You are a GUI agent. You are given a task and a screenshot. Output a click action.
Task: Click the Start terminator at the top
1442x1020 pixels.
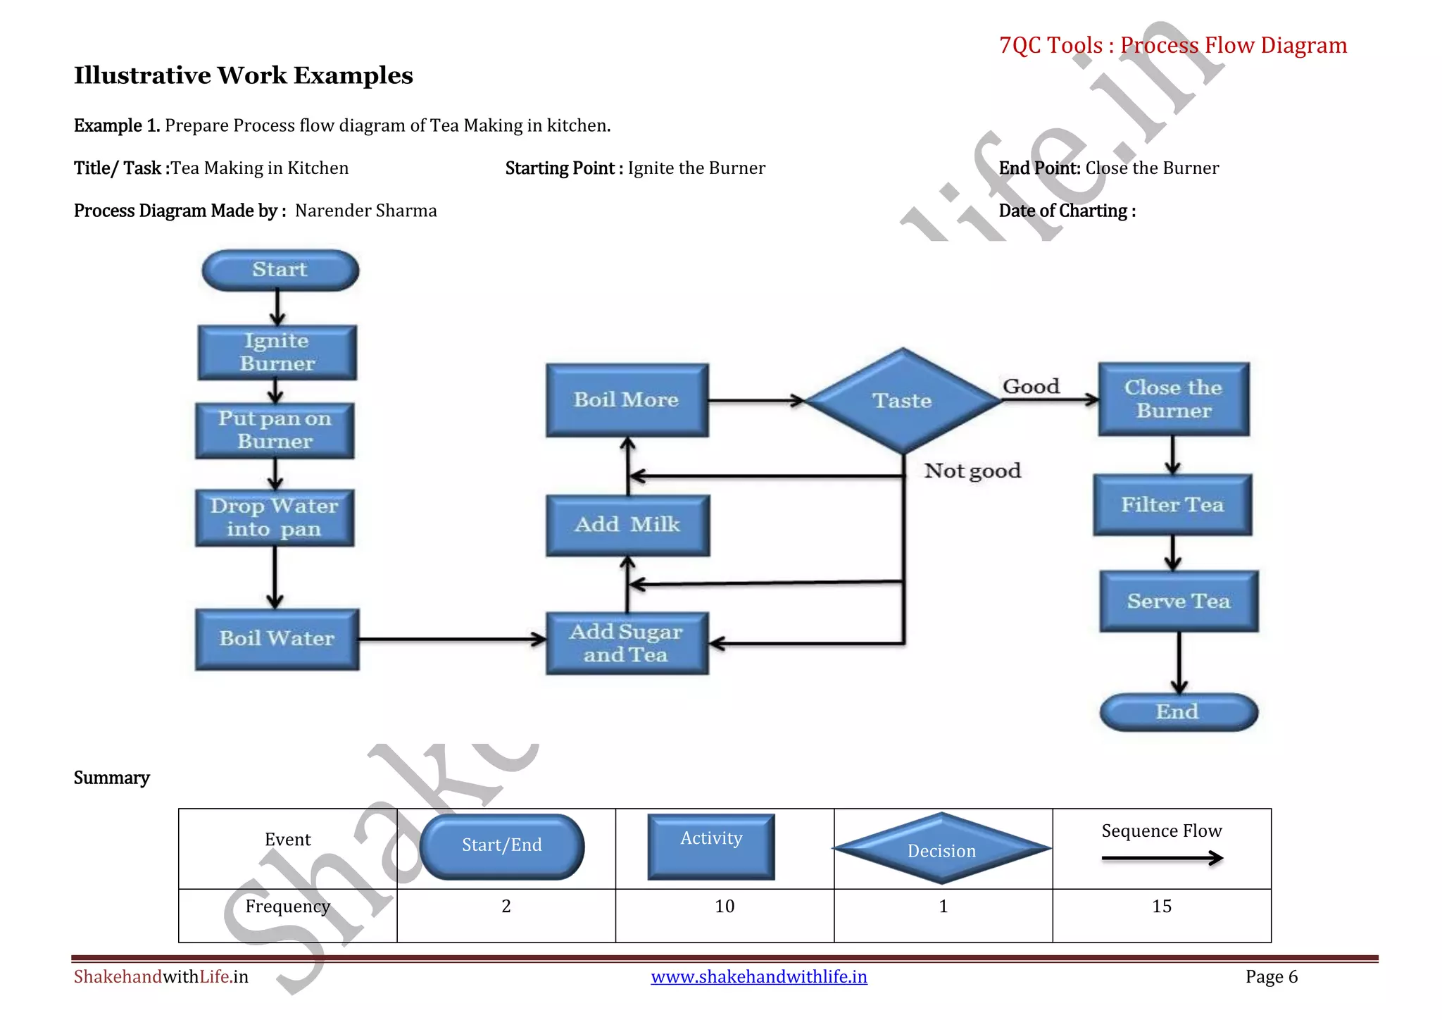[280, 270]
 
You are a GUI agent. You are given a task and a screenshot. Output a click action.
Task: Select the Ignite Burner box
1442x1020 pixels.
[277, 352]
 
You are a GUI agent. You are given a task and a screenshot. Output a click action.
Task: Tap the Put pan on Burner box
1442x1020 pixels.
[275, 430]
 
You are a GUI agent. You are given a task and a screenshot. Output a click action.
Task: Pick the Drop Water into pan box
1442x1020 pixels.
[275, 518]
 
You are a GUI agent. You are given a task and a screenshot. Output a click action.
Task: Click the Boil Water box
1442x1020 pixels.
[277, 639]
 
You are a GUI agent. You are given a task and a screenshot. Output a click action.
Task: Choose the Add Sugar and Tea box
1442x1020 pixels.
[627, 643]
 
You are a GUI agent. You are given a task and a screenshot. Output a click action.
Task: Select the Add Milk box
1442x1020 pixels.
[627, 525]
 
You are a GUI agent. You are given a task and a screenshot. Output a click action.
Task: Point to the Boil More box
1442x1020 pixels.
[627, 400]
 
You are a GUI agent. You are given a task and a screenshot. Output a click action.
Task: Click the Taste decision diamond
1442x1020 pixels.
[903, 401]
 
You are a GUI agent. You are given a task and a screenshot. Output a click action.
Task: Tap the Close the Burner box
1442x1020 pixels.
[1174, 399]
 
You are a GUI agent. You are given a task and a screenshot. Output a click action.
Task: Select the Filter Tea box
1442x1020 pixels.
[1172, 505]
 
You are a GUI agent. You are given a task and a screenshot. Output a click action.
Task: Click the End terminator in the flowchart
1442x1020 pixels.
[1178, 712]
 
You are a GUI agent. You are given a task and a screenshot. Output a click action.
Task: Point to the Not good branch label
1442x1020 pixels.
[972, 471]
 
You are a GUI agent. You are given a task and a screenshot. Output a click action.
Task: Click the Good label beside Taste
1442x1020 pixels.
[1031, 387]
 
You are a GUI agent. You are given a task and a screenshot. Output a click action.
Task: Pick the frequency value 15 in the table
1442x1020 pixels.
[1162, 907]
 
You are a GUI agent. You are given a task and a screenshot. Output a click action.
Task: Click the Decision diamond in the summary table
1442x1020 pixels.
[942, 849]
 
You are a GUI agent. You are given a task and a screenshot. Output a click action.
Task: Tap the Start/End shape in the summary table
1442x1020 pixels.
[502, 846]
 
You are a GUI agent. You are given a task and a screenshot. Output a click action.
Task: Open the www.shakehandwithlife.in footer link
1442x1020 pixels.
[758, 977]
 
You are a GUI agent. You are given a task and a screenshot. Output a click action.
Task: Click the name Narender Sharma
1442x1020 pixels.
[365, 211]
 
